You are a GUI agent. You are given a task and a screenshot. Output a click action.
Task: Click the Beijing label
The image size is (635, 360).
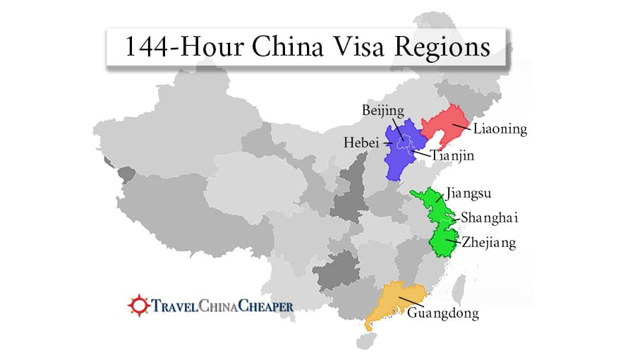click(x=382, y=111)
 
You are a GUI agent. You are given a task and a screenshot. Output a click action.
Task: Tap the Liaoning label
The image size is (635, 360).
click(x=500, y=129)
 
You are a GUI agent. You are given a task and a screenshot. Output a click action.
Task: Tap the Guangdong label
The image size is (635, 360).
click(x=442, y=313)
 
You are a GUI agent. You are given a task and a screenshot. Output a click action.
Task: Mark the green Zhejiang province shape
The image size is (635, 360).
click(x=445, y=240)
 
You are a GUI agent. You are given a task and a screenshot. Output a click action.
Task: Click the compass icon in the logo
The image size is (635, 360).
click(x=138, y=306)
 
